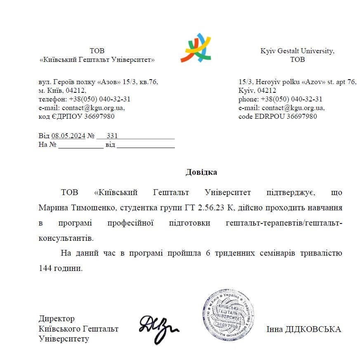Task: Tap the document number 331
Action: tap(112, 135)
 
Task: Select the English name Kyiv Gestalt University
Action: tap(297, 51)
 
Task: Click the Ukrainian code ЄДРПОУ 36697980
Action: tap(76, 116)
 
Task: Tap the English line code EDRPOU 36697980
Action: tap(278, 116)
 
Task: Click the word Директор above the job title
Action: tap(57, 319)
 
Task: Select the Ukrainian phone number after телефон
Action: tap(100, 99)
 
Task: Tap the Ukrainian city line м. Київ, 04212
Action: tap(62, 90)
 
